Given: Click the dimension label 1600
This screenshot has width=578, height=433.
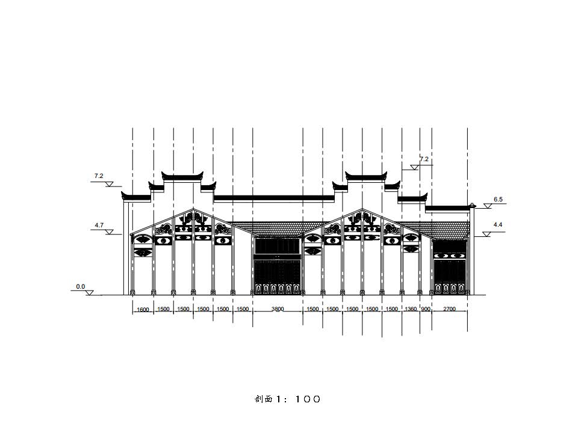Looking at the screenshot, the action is [143, 310].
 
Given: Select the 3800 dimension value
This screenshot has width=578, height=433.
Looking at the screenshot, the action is [278, 309].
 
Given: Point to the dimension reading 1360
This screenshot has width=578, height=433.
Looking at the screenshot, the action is [410, 309].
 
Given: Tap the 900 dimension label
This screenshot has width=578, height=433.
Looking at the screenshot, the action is [426, 309].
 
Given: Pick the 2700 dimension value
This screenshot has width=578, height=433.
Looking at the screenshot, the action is [449, 309].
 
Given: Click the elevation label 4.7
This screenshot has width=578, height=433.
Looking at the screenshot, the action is [99, 225].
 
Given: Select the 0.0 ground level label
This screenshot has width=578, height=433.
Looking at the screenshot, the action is [80, 286].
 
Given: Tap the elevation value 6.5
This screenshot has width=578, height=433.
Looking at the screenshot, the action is [498, 200].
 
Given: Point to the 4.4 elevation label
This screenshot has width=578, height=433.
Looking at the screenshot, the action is [498, 224].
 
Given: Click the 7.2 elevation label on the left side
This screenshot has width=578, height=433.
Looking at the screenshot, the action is [99, 176].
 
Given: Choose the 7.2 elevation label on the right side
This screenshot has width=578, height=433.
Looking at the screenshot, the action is [424, 159].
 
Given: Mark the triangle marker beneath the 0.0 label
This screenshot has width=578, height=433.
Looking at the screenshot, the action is [89, 293].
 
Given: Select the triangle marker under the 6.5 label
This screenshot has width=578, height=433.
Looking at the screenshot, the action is [488, 206].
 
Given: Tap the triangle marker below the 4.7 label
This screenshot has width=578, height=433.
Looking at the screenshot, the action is [109, 232].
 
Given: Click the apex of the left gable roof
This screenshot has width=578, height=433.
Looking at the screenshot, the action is [193, 209].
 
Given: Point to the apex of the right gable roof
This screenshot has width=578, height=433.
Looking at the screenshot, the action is [362, 209].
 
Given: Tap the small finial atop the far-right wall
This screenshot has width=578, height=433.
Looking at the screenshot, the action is [471, 204].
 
